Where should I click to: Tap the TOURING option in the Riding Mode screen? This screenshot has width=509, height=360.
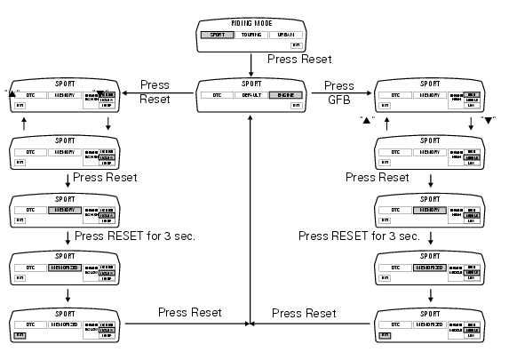click(251, 36)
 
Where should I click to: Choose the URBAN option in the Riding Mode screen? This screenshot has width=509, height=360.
click(287, 36)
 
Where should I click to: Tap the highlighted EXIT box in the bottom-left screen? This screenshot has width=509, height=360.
click(20, 335)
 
